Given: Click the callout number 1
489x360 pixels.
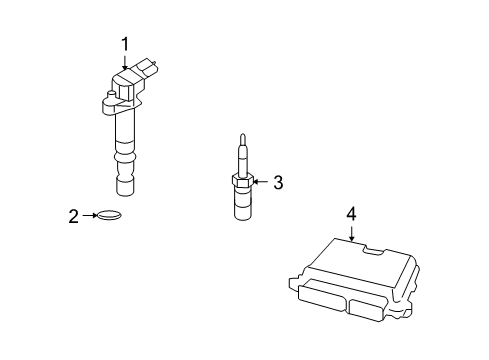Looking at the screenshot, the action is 126,43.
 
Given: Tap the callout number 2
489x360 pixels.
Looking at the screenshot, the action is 73,214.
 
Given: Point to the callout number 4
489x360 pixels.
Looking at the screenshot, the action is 351,212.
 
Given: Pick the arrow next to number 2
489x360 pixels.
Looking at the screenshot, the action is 88,214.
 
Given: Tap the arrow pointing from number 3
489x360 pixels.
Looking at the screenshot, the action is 261,182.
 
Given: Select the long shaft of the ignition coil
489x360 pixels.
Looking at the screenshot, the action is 126,130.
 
